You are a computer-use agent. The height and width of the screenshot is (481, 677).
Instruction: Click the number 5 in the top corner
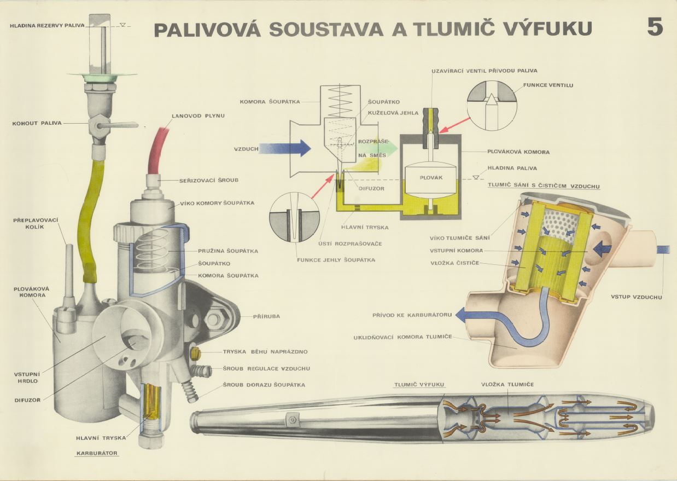tap(655, 27)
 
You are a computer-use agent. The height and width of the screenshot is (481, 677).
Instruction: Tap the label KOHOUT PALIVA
tap(36, 124)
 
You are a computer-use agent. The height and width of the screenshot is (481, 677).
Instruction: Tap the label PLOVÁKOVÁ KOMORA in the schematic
tap(518, 152)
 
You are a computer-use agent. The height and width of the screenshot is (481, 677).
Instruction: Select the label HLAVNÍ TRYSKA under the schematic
tap(365, 227)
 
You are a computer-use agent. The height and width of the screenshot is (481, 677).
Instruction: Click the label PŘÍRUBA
tap(266, 316)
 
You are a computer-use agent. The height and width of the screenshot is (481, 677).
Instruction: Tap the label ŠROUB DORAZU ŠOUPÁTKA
tap(264, 385)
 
